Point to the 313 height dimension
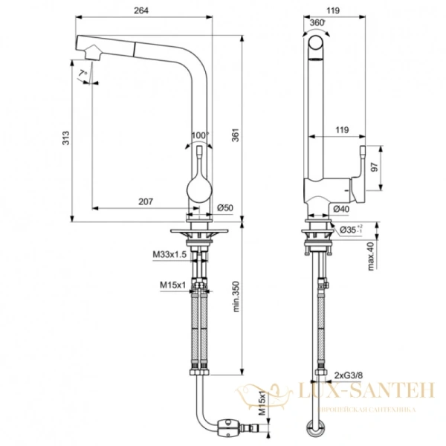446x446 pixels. point(65,138)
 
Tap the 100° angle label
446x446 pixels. point(198,135)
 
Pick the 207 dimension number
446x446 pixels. point(145,201)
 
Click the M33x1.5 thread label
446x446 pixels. point(168,255)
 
